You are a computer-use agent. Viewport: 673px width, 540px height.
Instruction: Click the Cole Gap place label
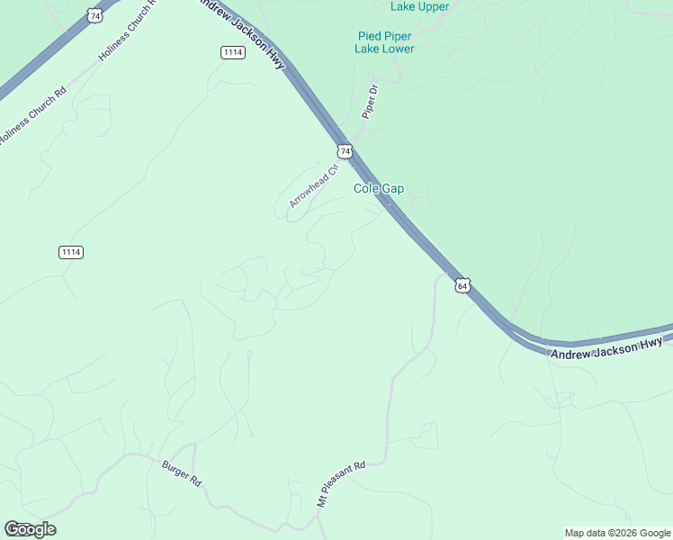378,189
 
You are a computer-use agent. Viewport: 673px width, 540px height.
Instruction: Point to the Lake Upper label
419,6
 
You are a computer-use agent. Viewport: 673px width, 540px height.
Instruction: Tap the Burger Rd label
181,473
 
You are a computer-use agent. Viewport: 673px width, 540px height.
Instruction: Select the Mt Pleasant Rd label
341,485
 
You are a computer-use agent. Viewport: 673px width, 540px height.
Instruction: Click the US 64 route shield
462,285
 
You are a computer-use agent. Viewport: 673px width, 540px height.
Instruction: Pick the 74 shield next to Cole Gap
345,150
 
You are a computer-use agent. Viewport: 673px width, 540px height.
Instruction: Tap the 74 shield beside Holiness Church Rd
95,15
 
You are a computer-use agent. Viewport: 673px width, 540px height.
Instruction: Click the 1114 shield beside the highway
233,53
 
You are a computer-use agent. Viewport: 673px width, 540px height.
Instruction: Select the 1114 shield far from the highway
71,252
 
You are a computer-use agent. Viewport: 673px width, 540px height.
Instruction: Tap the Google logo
30,528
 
